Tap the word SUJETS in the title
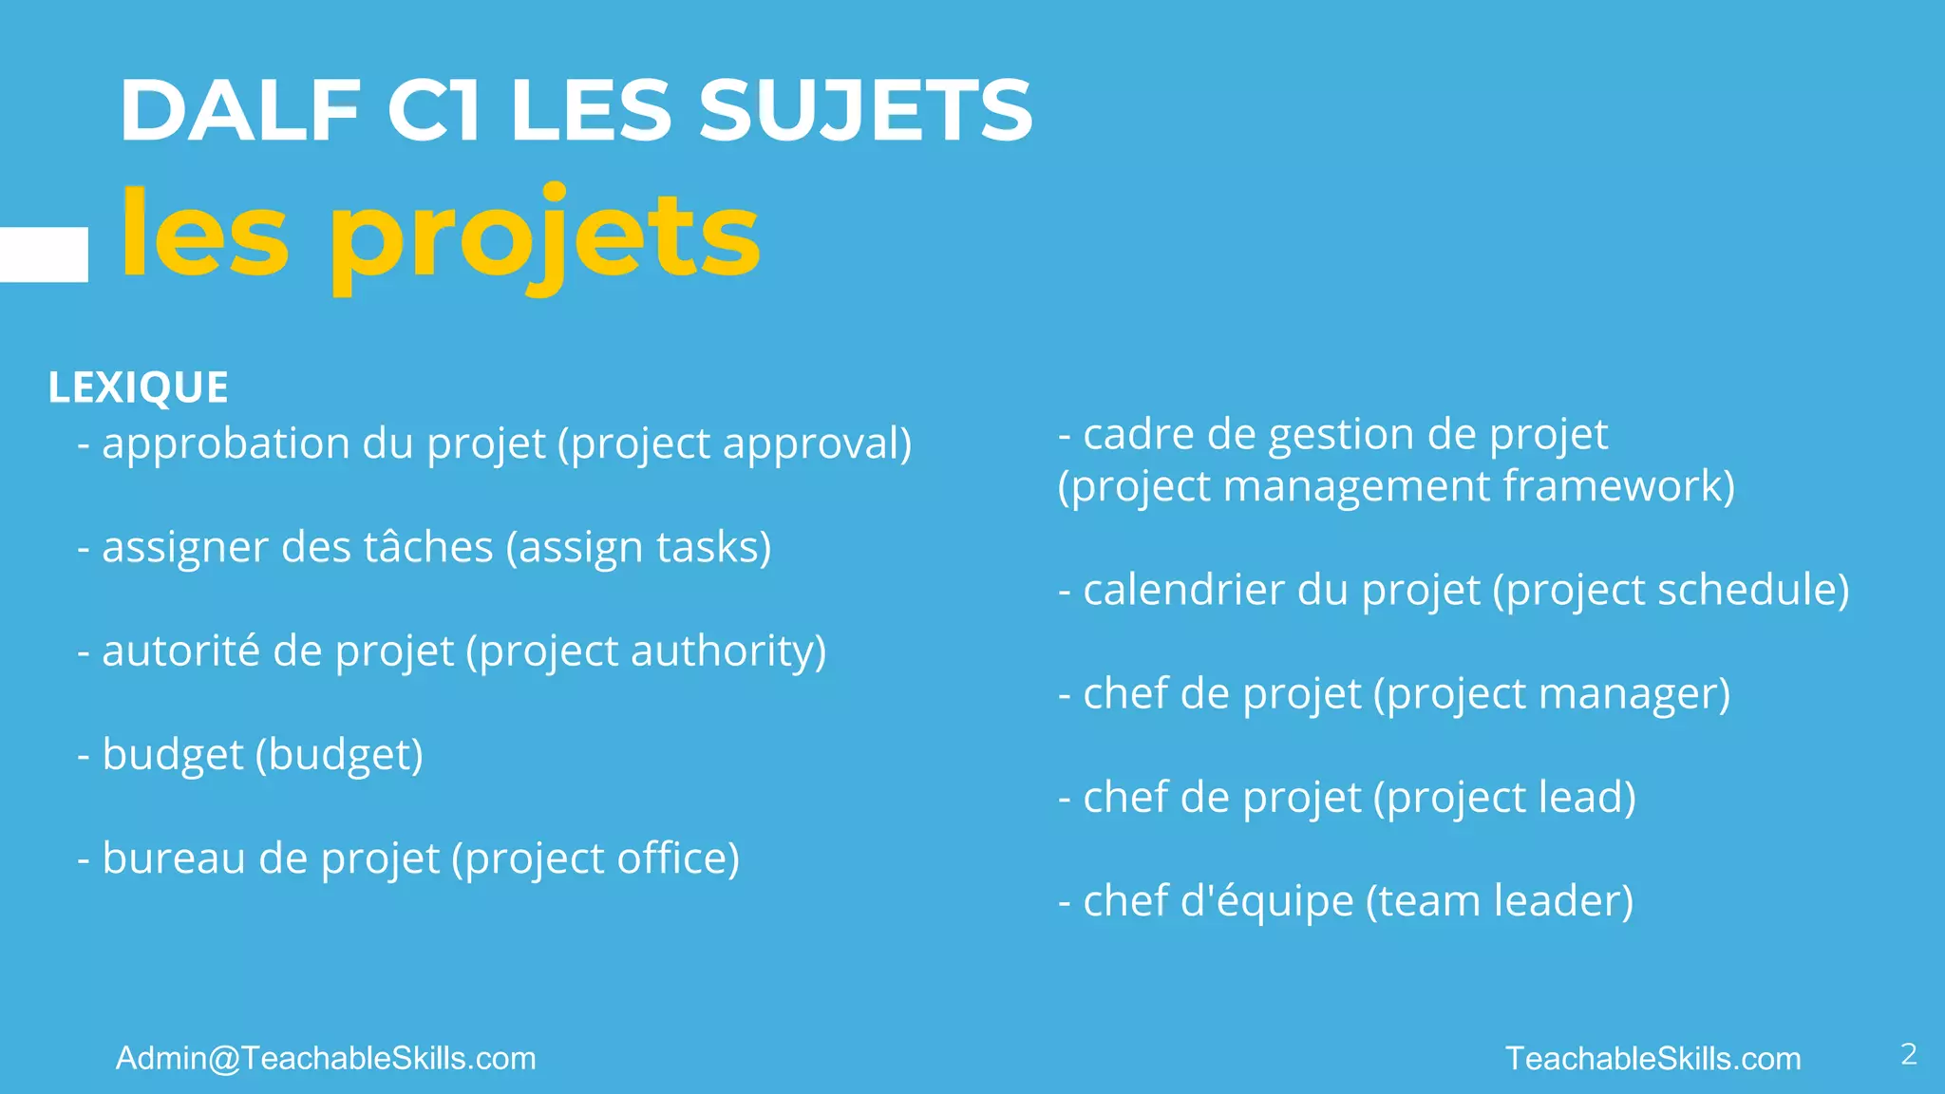[865, 111]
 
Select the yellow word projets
[544, 237]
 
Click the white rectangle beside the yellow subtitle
[44, 255]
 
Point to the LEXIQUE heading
[139, 387]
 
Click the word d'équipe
[1266, 901]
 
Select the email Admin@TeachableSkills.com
[326, 1058]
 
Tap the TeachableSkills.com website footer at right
[1653, 1058]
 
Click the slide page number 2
[1909, 1054]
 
